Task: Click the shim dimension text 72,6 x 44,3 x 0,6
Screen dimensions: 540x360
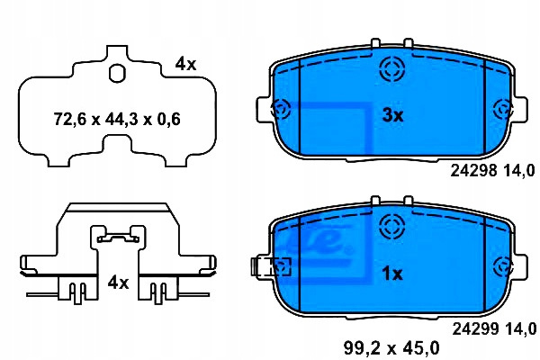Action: (x=117, y=119)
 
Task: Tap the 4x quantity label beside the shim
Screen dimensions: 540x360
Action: (x=185, y=64)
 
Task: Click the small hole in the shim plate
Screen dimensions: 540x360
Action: (x=117, y=74)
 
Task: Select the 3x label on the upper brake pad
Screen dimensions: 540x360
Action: (x=392, y=115)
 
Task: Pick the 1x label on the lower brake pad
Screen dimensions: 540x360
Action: (x=392, y=274)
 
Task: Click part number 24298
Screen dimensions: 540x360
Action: (x=474, y=170)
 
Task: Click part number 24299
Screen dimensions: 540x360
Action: (x=475, y=328)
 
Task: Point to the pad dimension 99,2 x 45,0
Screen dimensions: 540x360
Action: (x=391, y=348)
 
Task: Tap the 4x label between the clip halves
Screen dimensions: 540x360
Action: (x=118, y=283)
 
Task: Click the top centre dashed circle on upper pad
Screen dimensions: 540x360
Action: (x=391, y=69)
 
